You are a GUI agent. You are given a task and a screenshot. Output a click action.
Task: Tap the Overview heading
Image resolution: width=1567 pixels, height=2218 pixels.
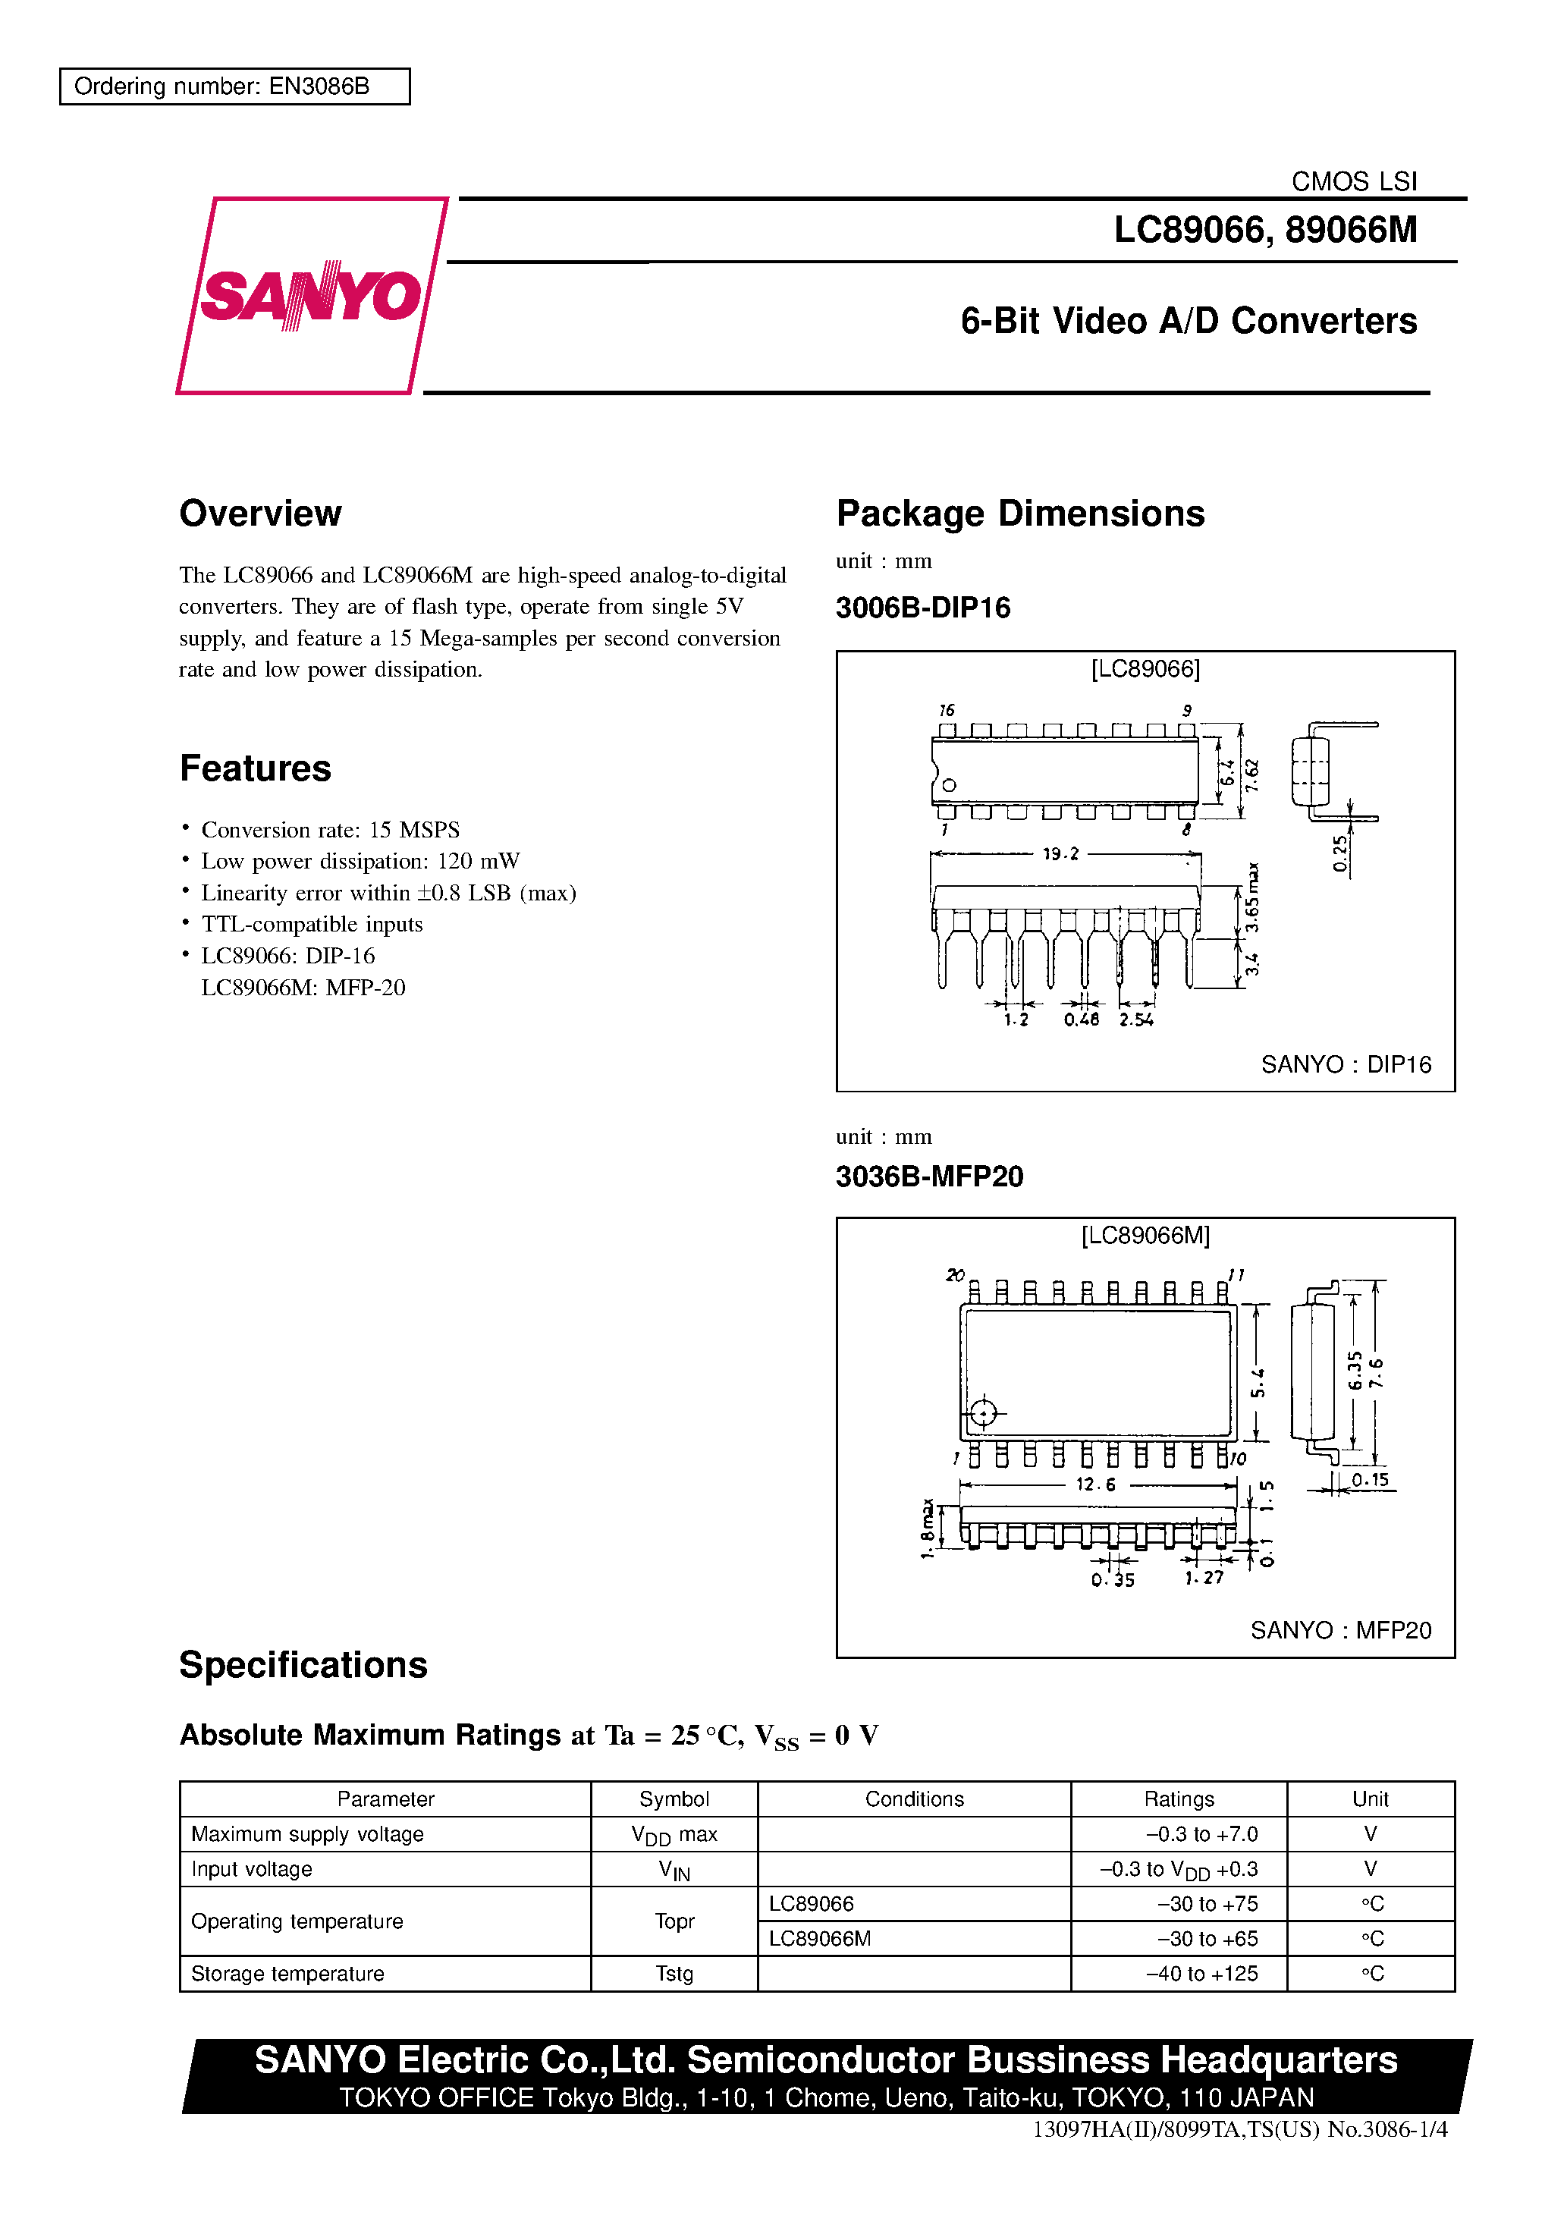coord(260,513)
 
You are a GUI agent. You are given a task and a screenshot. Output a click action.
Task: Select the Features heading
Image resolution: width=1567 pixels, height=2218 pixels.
coord(255,768)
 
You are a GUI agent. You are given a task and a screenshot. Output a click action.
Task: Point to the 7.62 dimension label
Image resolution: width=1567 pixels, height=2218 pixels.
coord(1252,774)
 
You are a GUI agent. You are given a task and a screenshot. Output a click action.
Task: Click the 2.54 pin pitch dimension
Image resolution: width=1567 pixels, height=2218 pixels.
coord(1136,1019)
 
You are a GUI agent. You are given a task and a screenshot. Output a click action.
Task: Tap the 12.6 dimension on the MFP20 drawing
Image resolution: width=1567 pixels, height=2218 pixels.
coord(1095,1484)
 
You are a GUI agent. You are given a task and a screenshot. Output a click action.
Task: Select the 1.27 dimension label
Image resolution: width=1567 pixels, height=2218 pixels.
coord(1204,1578)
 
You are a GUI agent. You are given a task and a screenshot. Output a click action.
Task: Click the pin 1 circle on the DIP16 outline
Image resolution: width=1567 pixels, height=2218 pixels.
coord(949,785)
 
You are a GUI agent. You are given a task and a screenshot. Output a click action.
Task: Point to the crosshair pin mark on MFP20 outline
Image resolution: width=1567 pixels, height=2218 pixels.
coord(982,1413)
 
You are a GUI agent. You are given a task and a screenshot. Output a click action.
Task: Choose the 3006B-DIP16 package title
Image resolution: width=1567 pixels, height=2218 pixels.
coord(922,608)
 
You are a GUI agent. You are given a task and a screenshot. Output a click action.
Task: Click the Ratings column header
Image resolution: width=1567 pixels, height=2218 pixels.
coord(1179,1799)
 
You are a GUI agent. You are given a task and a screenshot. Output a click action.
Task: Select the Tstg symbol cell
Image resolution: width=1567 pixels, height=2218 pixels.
coord(674,1974)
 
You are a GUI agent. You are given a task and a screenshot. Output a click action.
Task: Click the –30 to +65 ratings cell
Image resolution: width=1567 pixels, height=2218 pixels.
coord(1207,1939)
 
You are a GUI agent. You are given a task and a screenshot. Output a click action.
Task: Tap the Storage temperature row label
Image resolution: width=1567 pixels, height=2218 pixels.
coord(288,1974)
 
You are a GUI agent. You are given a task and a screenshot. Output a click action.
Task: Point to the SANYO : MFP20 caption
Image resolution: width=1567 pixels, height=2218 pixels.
coord(1340,1631)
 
